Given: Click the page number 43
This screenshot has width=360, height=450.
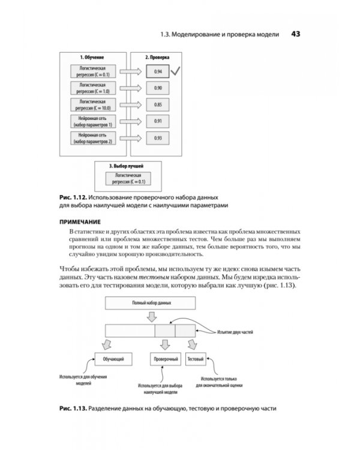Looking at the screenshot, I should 295,34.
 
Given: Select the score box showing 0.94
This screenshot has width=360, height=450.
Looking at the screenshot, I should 158,72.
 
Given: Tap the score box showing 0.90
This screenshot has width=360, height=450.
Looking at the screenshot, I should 158,88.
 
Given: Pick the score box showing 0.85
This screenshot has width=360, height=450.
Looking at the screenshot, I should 158,105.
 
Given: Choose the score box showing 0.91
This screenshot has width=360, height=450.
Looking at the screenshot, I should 158,121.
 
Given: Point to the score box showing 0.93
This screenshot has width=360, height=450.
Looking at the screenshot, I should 158,138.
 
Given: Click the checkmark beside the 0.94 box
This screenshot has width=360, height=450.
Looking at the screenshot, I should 176,71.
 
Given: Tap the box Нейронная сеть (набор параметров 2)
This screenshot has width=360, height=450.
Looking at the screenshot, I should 93,138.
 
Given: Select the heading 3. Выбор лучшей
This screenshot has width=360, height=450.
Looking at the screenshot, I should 125,165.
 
